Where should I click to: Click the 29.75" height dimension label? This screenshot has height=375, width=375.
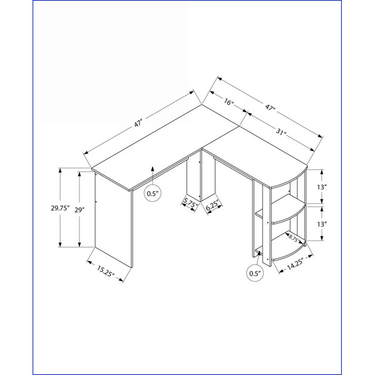[60, 208]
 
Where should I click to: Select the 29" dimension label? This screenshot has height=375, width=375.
[79, 210]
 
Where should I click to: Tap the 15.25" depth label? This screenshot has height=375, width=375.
[106, 271]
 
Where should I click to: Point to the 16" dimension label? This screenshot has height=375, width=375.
[228, 102]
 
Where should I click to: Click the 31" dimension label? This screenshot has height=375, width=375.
[281, 131]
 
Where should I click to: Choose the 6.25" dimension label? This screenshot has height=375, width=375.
[212, 206]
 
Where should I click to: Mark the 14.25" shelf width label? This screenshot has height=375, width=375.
[296, 264]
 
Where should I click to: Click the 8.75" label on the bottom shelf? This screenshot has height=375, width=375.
[294, 239]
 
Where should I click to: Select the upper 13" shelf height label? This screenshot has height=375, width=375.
[322, 187]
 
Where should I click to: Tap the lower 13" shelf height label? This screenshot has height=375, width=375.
[322, 224]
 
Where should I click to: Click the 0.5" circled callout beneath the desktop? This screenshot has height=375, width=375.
[152, 193]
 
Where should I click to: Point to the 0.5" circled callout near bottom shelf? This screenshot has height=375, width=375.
[255, 273]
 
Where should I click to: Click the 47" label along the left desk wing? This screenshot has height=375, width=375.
[138, 124]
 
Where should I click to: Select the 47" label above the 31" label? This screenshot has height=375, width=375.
[270, 107]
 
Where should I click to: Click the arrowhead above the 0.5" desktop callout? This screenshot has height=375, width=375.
[152, 168]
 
